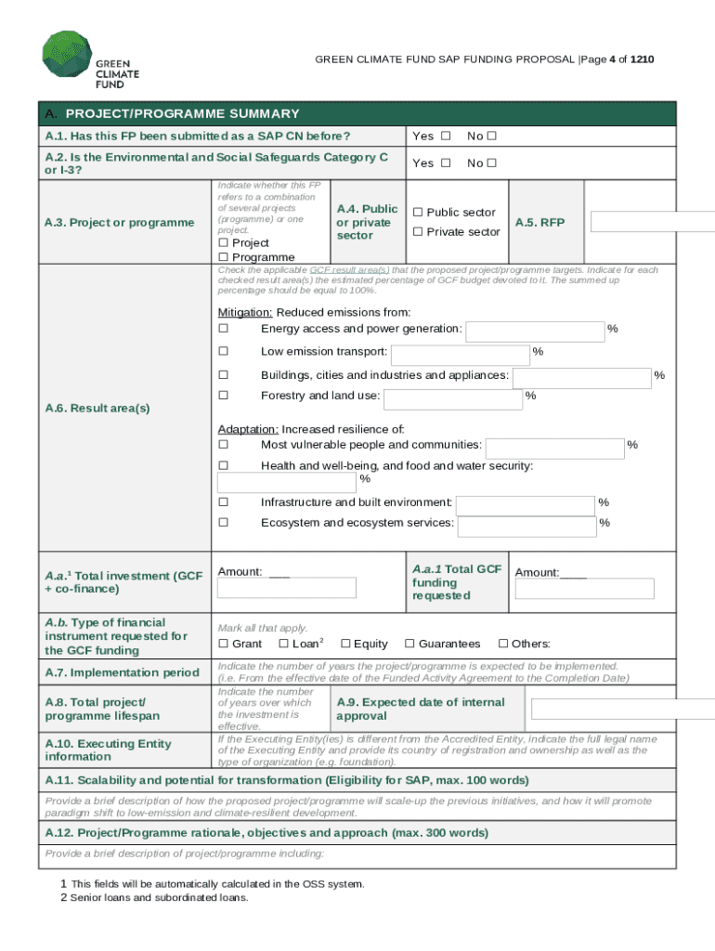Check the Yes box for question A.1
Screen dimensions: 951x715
point(446,137)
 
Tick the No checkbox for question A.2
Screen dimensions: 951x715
point(492,163)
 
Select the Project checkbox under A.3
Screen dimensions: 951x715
point(223,243)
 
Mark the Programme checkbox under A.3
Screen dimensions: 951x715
point(223,257)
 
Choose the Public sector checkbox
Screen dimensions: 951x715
point(418,213)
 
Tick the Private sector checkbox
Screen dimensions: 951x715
point(418,232)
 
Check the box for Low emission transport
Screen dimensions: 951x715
point(223,351)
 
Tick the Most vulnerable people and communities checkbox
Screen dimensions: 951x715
point(223,446)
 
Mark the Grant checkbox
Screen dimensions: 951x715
point(223,644)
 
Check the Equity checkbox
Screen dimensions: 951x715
point(345,644)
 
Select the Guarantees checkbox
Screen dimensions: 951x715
point(409,644)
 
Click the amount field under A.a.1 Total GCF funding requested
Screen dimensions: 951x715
point(584,589)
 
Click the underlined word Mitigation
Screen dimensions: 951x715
point(244,313)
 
